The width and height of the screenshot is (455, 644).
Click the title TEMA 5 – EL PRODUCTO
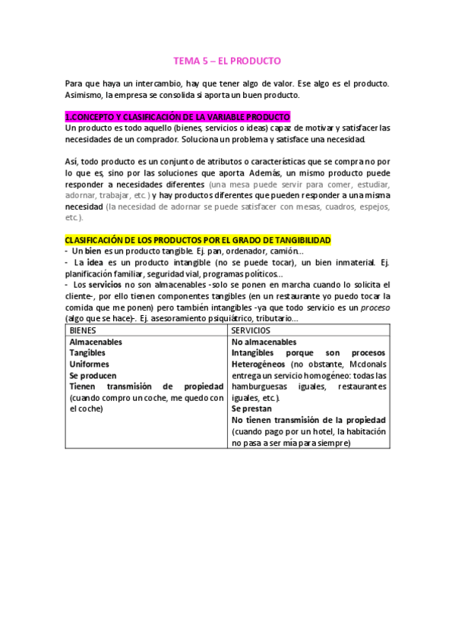[x=227, y=60]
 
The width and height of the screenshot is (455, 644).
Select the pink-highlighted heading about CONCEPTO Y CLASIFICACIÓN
[x=178, y=117]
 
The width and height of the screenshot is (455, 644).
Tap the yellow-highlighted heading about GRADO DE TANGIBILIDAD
[x=197, y=240]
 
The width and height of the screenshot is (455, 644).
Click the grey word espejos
[x=372, y=207]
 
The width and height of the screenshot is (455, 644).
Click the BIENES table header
[x=84, y=331]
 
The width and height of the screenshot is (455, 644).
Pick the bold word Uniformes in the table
[x=90, y=364]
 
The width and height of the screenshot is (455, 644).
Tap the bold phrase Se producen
[x=93, y=375]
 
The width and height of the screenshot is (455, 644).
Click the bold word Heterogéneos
[x=258, y=364]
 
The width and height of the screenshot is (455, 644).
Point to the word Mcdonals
[x=365, y=364]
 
